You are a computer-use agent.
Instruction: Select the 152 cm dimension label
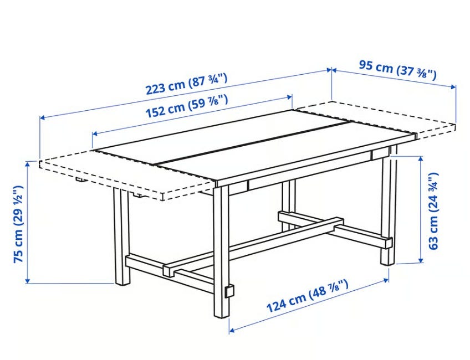click(x=186, y=106)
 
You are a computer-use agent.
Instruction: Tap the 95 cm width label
click(x=398, y=70)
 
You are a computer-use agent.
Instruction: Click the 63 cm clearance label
click(x=433, y=211)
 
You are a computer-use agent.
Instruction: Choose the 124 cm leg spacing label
click(x=308, y=296)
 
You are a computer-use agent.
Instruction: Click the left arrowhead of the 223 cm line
click(x=42, y=118)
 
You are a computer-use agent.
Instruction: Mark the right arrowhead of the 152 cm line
click(x=290, y=97)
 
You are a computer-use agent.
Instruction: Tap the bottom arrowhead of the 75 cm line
click(x=28, y=281)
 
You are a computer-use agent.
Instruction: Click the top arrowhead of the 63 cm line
click(x=421, y=158)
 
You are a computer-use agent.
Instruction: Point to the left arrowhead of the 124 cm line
click(x=232, y=330)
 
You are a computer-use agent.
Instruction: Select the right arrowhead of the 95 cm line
click(x=453, y=86)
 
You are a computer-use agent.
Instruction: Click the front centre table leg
click(x=222, y=251)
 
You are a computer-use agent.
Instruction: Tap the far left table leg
click(x=122, y=236)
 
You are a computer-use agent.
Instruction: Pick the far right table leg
click(x=389, y=206)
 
